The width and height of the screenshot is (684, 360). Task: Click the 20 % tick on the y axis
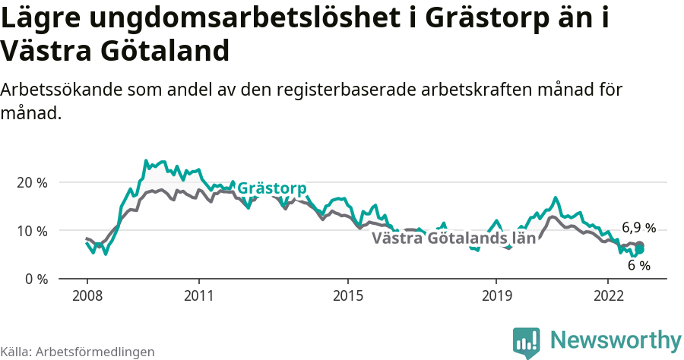31,183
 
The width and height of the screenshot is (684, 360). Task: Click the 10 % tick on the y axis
31,231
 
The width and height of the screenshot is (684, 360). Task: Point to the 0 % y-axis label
34,279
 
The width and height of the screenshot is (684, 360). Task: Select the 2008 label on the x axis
87,295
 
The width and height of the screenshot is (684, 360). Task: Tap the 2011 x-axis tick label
198,295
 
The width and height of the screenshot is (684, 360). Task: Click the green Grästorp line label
272,188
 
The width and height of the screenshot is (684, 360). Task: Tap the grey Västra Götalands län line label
454,238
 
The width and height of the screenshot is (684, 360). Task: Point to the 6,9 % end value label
638,228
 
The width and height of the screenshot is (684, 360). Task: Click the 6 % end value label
638,266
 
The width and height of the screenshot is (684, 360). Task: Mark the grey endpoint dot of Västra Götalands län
640,245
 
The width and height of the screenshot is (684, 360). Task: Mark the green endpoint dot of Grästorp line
640,249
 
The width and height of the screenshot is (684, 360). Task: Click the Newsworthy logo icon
527,341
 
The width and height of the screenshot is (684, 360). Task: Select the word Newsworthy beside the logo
616,339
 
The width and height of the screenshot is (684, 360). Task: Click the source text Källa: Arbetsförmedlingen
78,352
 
